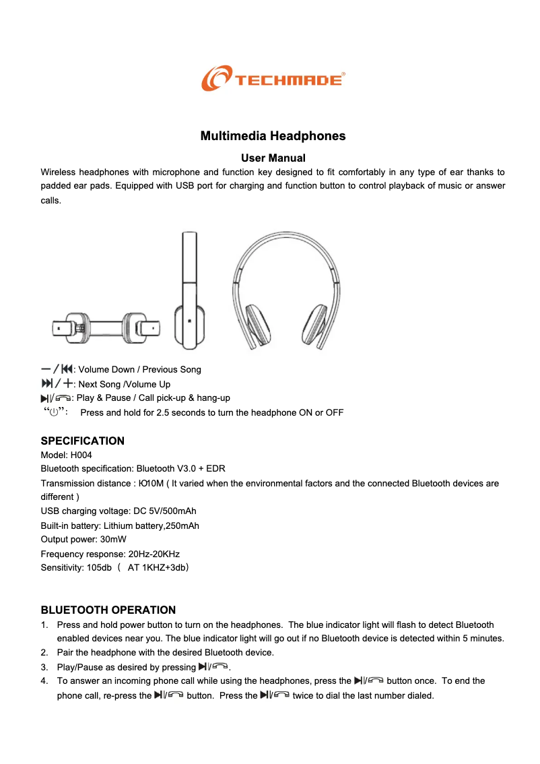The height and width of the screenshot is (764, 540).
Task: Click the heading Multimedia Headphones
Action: click(x=273, y=136)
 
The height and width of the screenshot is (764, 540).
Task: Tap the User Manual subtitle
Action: click(x=273, y=158)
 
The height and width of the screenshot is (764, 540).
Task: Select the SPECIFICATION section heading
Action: click(x=83, y=441)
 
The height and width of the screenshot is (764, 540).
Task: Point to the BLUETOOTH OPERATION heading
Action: click(x=108, y=610)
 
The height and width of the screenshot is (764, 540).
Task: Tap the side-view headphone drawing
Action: click(x=189, y=291)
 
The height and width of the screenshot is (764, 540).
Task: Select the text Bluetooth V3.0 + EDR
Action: click(x=180, y=468)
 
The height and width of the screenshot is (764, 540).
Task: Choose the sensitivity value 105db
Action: click(x=100, y=568)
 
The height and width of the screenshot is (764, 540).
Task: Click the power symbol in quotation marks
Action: click(x=55, y=412)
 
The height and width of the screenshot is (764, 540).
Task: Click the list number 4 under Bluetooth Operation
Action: click(x=44, y=681)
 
